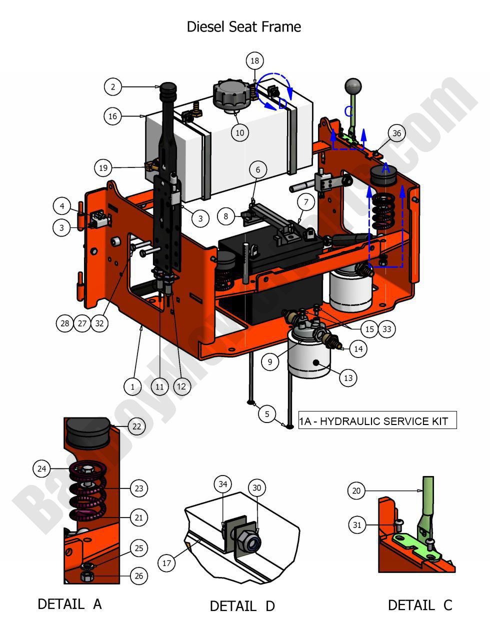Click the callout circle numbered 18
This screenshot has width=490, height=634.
point(255,61)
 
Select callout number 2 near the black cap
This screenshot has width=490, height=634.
point(113,87)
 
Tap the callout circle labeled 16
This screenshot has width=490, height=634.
point(113,116)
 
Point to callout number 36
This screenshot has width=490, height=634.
point(396,133)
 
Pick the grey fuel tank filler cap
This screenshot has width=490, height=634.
point(230,93)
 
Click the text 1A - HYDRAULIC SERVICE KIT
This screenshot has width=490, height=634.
point(377,421)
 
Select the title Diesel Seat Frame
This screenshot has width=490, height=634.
point(243,26)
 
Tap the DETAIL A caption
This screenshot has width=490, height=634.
point(69,604)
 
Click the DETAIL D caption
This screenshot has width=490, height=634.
point(242,606)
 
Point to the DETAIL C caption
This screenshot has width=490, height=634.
point(419,605)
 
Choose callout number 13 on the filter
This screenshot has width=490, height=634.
point(348,378)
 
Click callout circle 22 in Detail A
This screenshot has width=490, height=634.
point(136,426)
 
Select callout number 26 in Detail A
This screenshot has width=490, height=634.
point(138,576)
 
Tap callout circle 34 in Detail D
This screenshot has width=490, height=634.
point(223,484)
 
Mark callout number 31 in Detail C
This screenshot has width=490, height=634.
point(357,525)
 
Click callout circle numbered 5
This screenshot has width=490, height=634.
point(267,414)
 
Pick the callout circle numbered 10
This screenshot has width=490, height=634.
point(240,132)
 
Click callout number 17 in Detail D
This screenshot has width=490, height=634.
point(166,563)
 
